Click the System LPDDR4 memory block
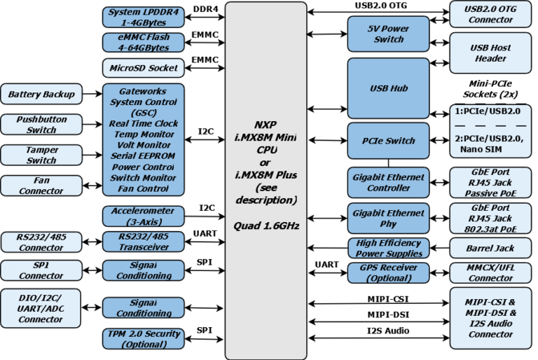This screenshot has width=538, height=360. [x=144, y=16]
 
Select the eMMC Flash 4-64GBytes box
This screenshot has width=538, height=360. [x=144, y=42]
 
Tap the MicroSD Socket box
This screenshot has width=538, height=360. [x=144, y=68]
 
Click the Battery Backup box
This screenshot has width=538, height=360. [x=41, y=93]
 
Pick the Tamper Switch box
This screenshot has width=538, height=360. [x=41, y=155]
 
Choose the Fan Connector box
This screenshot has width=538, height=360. [x=41, y=186]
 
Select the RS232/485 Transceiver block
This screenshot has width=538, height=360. [x=144, y=242]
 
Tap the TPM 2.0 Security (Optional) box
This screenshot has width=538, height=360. [x=144, y=339]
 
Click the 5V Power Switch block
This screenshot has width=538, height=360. [x=388, y=34]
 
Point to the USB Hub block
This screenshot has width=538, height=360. [x=388, y=89]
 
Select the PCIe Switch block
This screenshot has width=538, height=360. [x=388, y=141]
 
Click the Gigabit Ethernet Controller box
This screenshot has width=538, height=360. [x=388, y=183]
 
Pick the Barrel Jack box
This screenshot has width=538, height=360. [x=490, y=248]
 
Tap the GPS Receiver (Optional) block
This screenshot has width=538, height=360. [x=388, y=273]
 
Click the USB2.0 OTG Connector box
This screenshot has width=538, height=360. [x=490, y=15]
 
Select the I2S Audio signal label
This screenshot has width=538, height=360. [x=387, y=331]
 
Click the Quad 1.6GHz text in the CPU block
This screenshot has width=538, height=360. [x=265, y=226]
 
